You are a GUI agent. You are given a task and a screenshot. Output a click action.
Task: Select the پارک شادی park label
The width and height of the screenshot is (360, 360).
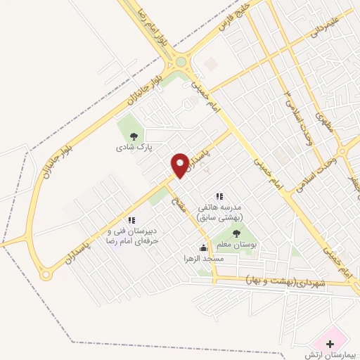coord(134,148)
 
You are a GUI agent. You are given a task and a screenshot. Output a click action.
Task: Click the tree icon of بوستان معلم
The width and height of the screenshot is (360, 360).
coord(236,232)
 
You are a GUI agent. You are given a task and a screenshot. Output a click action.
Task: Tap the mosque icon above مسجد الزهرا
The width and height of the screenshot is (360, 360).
coord(204,247)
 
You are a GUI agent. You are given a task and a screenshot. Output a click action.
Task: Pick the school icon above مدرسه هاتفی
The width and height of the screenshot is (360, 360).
coord(219,196)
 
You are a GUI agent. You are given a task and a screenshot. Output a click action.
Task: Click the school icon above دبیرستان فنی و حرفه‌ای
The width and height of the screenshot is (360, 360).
coord(131,220)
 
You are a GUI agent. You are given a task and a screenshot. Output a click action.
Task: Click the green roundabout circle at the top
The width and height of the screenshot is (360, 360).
coord(181,62)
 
